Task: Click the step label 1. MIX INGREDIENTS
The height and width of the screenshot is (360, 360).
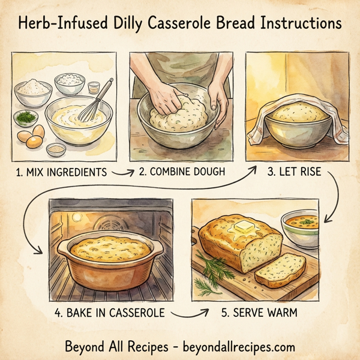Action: point(60,172)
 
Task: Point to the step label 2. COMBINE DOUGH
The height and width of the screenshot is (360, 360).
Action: point(182,172)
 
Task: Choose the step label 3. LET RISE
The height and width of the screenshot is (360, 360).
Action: point(294,172)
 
